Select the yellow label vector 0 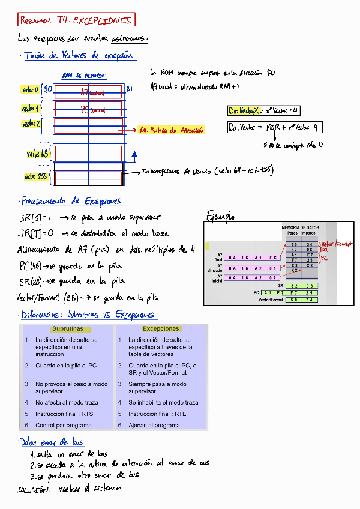(31, 90)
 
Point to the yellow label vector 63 (34, 154)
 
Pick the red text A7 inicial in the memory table (92, 92)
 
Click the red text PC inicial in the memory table (93, 110)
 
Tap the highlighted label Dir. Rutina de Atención (171, 130)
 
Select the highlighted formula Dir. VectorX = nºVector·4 (264, 111)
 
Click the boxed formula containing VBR (273, 127)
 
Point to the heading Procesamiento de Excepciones (71, 201)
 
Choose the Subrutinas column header (68, 329)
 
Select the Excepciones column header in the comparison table (161, 329)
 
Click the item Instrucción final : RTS (64, 414)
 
